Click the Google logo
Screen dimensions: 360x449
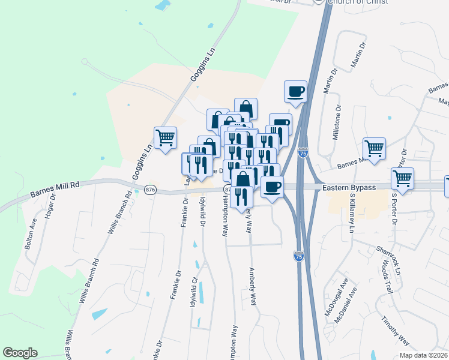pyautogui.click(x=20, y=353)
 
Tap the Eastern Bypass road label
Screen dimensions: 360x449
pyautogui.click(x=349, y=188)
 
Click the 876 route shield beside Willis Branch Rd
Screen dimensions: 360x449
pyautogui.click(x=150, y=190)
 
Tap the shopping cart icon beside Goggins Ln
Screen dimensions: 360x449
pyautogui.click(x=165, y=137)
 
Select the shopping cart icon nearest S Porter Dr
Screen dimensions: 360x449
pyautogui.click(x=402, y=178)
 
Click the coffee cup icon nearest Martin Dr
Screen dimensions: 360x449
pyautogui.click(x=296, y=92)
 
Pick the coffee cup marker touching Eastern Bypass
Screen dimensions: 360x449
pyautogui.click(x=272, y=187)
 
